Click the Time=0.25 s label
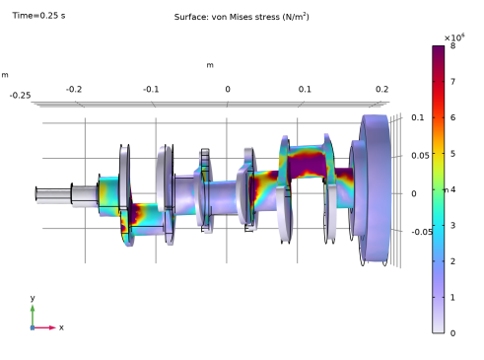[x=38, y=16]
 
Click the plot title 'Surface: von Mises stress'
[x=227, y=17]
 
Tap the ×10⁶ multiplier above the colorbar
[x=454, y=37]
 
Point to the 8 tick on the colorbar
[x=452, y=45]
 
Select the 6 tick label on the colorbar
[x=452, y=117]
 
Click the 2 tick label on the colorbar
[x=452, y=261]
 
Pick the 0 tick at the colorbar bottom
[x=452, y=333]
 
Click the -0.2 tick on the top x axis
[x=74, y=89]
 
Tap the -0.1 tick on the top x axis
[x=151, y=89]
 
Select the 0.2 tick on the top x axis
[x=381, y=89]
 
